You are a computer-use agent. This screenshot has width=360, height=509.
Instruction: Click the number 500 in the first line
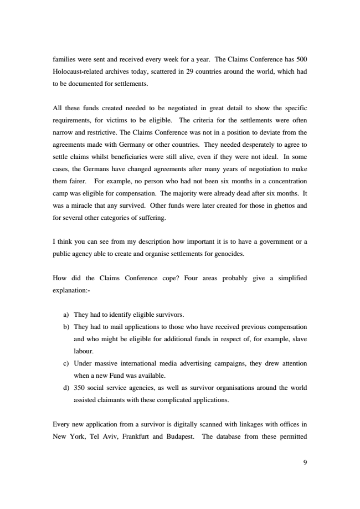pyautogui.click(x=300, y=59)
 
